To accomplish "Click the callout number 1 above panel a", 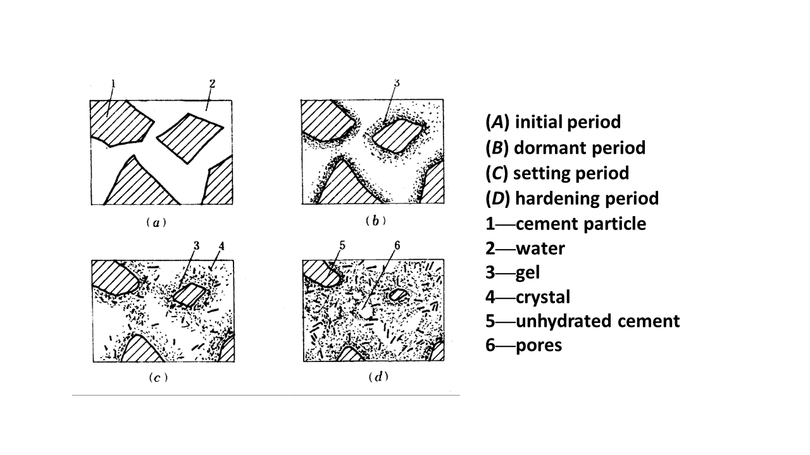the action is (113, 84).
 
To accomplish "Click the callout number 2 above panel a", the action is (212, 84).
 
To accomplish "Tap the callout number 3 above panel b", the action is (397, 83).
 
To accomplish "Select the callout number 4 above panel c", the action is (221, 246).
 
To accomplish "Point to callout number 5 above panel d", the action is (342, 246).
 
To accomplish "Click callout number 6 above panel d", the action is (397, 246).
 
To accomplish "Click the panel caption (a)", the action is (156, 222).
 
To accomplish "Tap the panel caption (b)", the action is (376, 221).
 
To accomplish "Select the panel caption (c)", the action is (158, 378).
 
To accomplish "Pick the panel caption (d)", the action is (378, 377).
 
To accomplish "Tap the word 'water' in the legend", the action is (540, 248).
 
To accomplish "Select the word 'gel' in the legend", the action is (528, 273).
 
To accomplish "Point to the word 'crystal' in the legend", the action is (543, 297).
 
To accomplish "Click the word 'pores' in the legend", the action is (539, 346).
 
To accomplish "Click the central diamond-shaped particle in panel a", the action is (190, 138).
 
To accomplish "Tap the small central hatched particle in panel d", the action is (397, 295).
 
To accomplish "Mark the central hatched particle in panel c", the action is (189, 294).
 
